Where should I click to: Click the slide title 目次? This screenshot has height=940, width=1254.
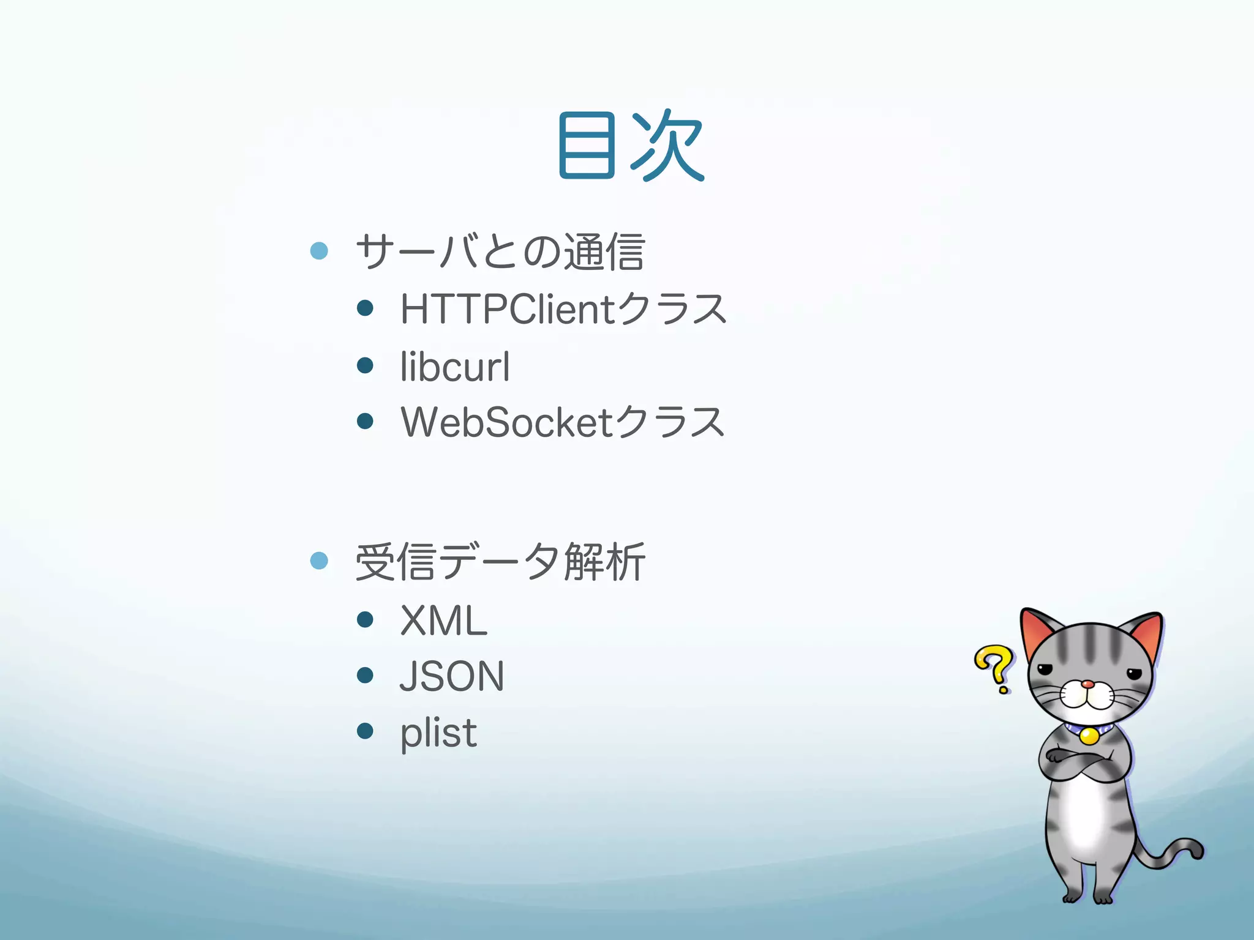pos(631,146)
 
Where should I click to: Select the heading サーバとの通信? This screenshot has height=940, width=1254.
pos(500,252)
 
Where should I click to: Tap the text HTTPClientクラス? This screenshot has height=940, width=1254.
pos(563,308)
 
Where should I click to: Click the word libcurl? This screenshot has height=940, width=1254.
pos(454,367)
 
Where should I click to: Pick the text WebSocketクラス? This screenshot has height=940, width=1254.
pos(563,422)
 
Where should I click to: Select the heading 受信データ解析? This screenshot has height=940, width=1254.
pos(500,562)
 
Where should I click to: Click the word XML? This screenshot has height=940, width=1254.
pos(443,621)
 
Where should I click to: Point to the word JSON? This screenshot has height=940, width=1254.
pos(452,676)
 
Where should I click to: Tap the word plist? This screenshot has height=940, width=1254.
pos(438,733)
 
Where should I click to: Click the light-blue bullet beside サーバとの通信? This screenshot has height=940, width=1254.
pos(319,250)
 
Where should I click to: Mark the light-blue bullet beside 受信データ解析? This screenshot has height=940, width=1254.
pos(319,560)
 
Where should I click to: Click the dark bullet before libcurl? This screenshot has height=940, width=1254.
pos(365,365)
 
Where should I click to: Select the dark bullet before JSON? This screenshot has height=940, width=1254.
pos(365,675)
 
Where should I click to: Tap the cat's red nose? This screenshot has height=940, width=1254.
pos(1087,684)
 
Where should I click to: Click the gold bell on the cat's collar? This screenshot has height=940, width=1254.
pos(1089,735)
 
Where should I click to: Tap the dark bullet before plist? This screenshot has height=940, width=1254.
pos(365,731)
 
